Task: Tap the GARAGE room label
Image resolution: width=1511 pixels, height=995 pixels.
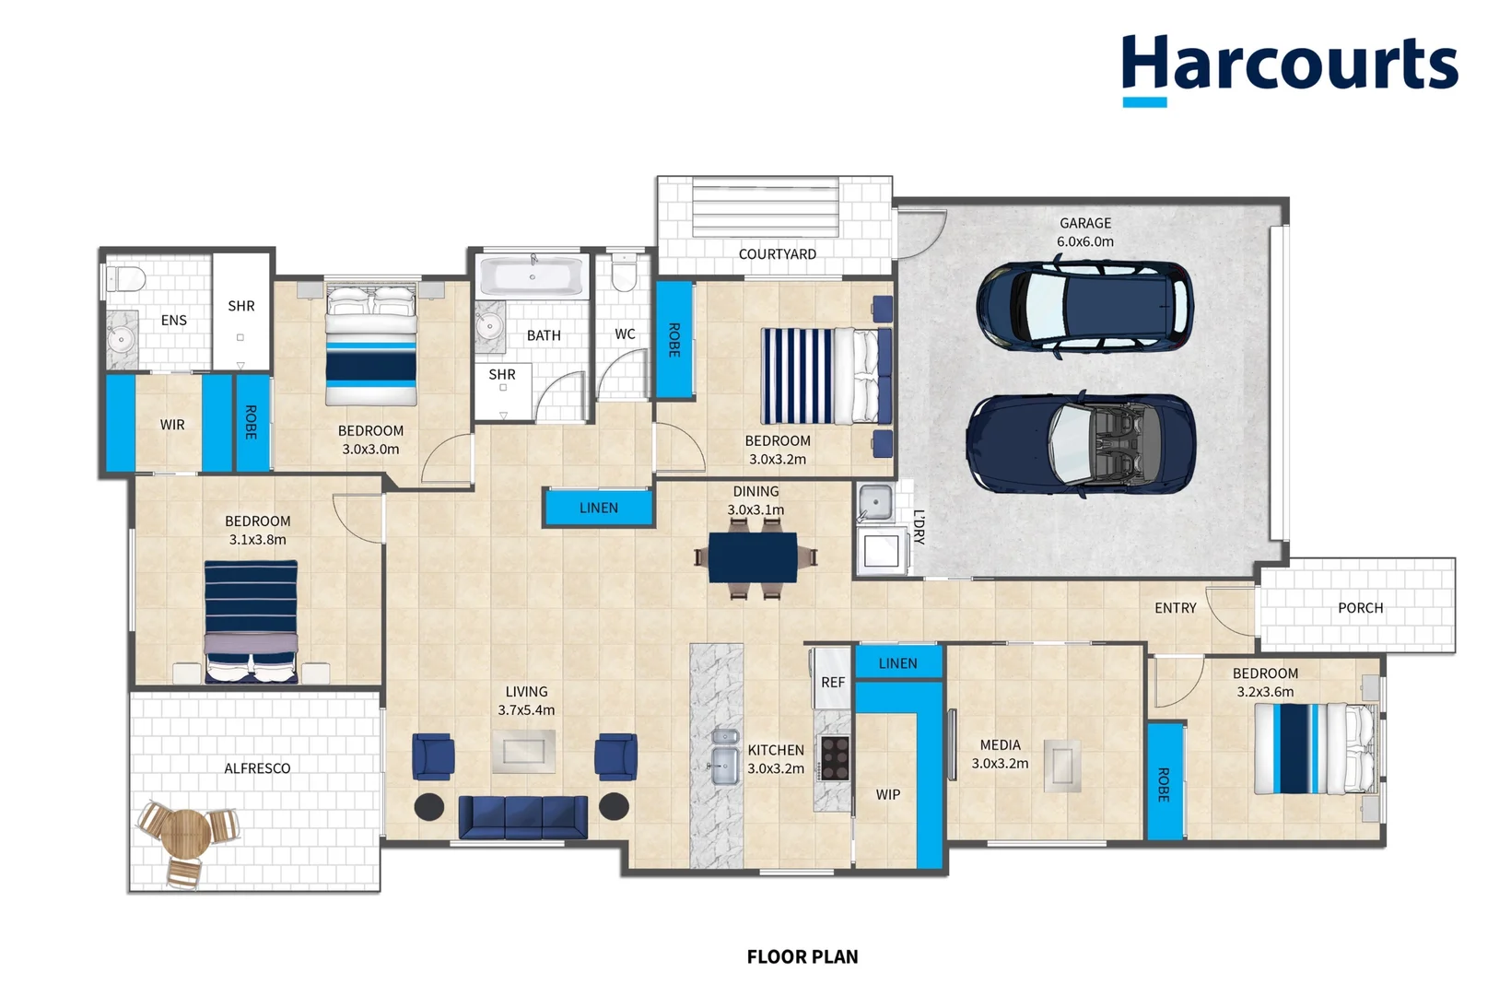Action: (1084, 223)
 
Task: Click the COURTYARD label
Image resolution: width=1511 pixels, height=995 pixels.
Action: (777, 254)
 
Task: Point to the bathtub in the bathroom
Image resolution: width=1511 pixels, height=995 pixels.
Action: (533, 275)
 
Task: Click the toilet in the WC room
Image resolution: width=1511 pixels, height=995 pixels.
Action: (624, 271)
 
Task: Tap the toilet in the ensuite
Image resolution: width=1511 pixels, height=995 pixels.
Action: (126, 278)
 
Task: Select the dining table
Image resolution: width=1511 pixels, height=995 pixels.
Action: (754, 557)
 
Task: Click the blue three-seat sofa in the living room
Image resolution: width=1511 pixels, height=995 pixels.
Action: (522, 817)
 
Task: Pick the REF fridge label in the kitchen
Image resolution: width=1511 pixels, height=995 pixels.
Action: (832, 683)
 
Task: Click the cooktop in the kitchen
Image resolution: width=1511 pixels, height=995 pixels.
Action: (835, 758)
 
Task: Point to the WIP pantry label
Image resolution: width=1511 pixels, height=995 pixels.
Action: (888, 795)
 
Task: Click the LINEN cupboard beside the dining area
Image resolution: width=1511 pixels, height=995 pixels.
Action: (598, 508)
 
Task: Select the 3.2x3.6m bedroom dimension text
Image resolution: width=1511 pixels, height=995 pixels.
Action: (1266, 692)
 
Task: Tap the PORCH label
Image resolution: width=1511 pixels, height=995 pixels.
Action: (1361, 608)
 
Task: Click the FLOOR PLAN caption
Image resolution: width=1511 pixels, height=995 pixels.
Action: (802, 956)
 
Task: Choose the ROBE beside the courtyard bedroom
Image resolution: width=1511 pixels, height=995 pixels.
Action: (674, 339)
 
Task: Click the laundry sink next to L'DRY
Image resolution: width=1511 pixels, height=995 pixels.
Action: (875, 502)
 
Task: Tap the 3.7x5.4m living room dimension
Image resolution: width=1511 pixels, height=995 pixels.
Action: (526, 709)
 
